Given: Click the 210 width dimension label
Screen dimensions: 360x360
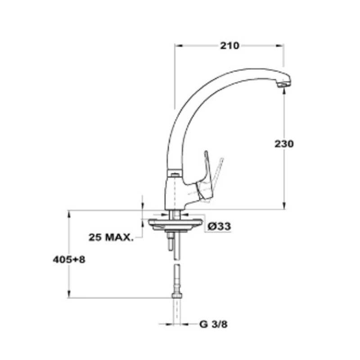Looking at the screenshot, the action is pyautogui.click(x=229, y=46).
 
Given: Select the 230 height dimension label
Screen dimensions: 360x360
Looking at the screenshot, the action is pyautogui.click(x=284, y=144).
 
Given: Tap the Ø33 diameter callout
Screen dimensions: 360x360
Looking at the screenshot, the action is pyautogui.click(x=219, y=227).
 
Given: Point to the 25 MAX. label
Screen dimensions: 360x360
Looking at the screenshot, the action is pyautogui.click(x=111, y=238).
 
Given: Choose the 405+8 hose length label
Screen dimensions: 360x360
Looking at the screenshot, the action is pyautogui.click(x=69, y=260).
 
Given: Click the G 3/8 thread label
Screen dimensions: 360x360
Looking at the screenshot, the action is pyautogui.click(x=213, y=324).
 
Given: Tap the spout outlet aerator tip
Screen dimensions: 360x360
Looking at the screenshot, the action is pyautogui.click(x=284, y=84).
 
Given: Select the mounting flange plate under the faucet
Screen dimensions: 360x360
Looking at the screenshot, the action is pyautogui.click(x=175, y=225).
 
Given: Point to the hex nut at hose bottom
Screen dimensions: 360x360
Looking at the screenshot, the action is pyautogui.click(x=177, y=295).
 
